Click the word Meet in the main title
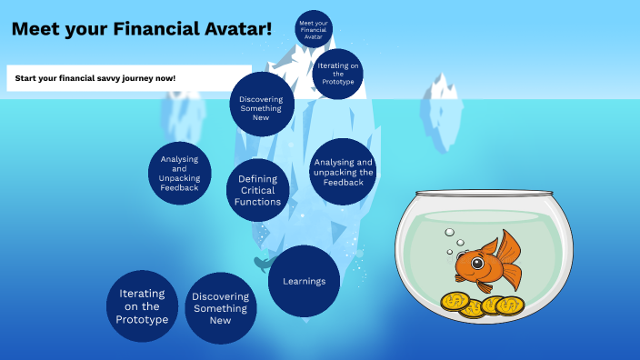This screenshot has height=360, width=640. [35, 28]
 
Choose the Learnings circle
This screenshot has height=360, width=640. [305, 281]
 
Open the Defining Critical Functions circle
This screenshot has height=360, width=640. [258, 191]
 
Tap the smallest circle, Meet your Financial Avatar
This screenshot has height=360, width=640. [313, 28]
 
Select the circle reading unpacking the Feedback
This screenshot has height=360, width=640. [343, 171]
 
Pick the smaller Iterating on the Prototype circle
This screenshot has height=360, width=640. [337, 73]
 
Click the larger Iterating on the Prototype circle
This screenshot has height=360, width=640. [143, 306]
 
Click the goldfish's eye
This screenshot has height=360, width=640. [477, 264]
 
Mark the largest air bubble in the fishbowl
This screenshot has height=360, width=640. [449, 233]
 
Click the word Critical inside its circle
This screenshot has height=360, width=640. [258, 191]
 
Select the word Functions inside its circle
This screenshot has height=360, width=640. [258, 202]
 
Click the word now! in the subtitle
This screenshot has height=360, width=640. [165, 78]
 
